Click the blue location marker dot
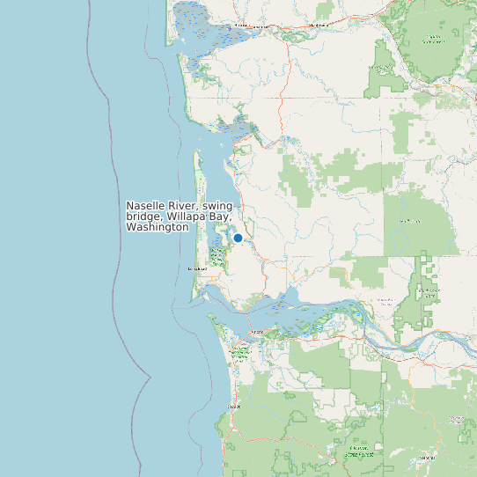coord(238,238)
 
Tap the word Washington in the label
coord(158,227)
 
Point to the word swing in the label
coord(217,205)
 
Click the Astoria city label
coord(257,332)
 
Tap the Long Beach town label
coord(197,268)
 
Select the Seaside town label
coord(233,407)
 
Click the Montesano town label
coord(318,26)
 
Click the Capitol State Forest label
coord(432,39)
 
